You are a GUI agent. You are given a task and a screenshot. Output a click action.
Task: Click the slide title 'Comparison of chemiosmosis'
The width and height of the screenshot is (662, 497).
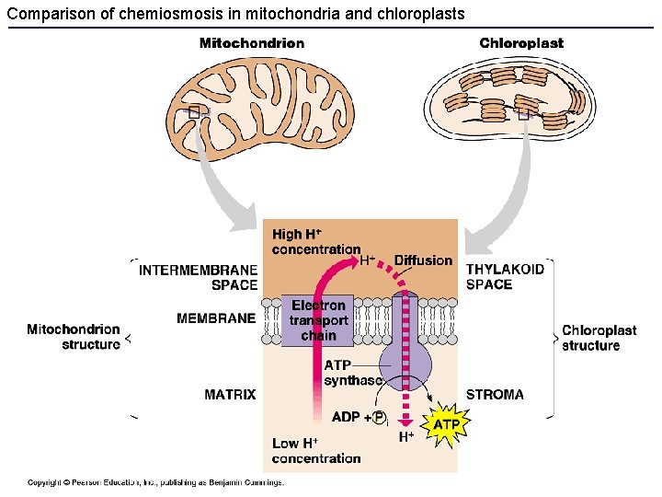(235, 14)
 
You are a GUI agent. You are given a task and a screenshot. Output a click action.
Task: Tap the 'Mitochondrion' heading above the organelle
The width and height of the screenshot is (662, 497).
(252, 43)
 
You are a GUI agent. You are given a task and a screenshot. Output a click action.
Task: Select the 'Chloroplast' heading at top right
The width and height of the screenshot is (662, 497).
(521, 43)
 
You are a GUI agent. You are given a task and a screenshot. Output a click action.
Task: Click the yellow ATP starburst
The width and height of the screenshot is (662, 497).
(447, 424)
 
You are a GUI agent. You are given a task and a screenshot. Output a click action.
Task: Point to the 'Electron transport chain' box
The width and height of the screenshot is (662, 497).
(318, 319)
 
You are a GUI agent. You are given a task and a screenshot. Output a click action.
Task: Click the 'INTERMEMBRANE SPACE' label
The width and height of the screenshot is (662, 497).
(198, 277)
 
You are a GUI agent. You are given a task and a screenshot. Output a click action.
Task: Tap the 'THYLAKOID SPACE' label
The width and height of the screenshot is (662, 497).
(505, 277)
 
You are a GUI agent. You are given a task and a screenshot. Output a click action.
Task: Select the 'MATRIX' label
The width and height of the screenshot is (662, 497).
(230, 395)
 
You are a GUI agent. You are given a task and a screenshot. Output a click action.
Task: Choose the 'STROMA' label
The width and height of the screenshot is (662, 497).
(495, 395)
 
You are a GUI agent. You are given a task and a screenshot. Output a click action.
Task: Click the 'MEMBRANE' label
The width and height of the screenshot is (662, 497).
(216, 318)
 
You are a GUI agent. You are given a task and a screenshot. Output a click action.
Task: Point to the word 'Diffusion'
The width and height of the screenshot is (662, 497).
(423, 260)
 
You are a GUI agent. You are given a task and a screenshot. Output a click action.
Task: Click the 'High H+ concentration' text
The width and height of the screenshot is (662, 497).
(315, 242)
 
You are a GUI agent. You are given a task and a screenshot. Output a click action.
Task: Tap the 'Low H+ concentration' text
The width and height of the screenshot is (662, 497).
(315, 451)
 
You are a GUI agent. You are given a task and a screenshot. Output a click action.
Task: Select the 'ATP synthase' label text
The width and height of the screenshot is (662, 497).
(352, 373)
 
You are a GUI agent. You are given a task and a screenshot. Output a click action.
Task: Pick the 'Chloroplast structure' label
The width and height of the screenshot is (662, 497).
(599, 338)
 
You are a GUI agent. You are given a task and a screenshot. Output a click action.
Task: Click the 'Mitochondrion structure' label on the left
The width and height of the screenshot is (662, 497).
(74, 337)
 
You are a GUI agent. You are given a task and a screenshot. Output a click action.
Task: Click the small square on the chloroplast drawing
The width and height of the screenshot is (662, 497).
(523, 115)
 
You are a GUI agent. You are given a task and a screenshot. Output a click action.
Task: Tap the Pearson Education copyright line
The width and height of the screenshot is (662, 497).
(155, 482)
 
